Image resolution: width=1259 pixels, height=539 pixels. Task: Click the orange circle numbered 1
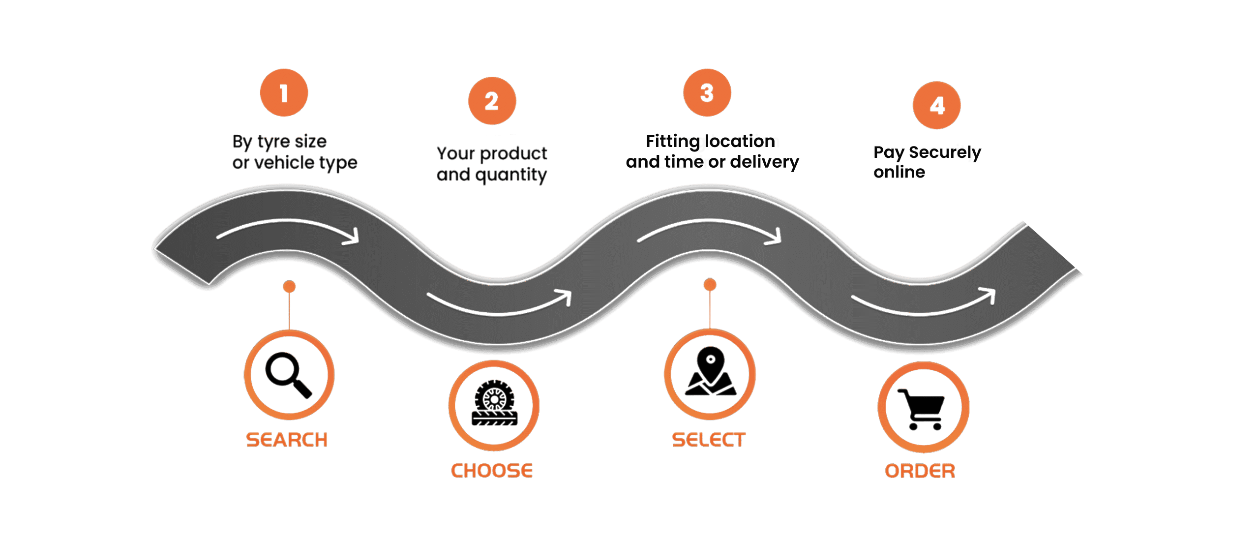click(x=284, y=92)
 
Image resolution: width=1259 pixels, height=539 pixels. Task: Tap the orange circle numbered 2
click(x=492, y=101)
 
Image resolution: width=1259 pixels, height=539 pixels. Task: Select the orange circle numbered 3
click(x=707, y=92)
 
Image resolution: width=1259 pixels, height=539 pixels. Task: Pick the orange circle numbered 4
click(x=937, y=105)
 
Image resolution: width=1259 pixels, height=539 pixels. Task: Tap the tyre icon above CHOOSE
click(x=494, y=403)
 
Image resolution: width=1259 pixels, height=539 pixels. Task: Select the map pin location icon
click(x=710, y=371)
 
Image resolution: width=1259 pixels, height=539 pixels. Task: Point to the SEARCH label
click(x=287, y=440)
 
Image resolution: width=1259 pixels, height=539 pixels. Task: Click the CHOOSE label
click(x=492, y=471)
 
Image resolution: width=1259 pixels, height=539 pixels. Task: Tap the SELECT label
click(x=709, y=440)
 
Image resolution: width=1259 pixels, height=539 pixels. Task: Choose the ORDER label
click(x=920, y=471)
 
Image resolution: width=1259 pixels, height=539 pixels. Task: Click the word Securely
click(x=945, y=153)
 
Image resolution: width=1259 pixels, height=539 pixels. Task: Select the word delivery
click(x=765, y=162)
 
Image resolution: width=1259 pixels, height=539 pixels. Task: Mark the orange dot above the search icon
click(x=289, y=286)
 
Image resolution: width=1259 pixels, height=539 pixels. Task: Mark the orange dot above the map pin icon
click(x=710, y=284)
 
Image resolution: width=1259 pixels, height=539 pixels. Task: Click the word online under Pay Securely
click(x=899, y=172)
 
